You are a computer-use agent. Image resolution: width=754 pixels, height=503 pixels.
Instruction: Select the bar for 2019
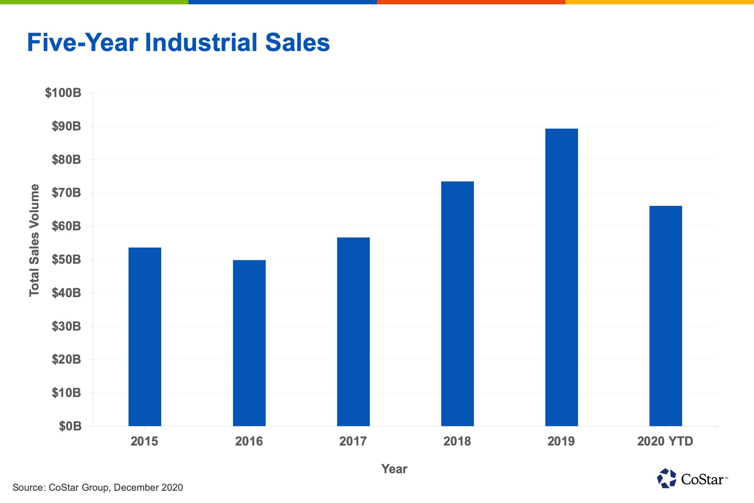tap(562, 277)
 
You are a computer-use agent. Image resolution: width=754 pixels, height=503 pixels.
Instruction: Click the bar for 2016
tap(249, 343)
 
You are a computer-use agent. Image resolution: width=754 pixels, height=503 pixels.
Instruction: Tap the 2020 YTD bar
tap(666, 316)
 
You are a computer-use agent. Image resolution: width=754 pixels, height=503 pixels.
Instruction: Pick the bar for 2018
tap(457, 304)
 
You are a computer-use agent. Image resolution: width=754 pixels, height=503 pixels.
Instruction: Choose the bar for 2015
tap(145, 337)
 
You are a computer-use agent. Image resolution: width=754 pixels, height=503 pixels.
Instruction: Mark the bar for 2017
tap(353, 332)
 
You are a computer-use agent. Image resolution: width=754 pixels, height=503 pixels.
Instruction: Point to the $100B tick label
tap(63, 93)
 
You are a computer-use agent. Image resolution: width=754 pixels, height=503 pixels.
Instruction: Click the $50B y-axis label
tap(66, 259)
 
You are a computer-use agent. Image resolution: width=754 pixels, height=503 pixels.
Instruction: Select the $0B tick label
tap(70, 426)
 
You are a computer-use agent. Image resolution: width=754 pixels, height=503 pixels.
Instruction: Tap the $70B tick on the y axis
tap(66, 193)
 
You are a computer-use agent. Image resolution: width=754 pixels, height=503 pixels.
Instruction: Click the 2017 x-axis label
tap(353, 441)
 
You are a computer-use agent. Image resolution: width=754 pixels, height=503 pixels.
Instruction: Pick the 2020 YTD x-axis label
tap(665, 441)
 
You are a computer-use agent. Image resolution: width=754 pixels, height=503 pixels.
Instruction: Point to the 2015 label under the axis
tap(144, 441)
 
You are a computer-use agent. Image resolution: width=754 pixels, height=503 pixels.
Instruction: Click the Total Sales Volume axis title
tap(34, 240)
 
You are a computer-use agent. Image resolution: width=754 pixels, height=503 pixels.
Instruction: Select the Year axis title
tap(394, 469)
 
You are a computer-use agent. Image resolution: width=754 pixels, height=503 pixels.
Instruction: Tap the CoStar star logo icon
tap(666, 479)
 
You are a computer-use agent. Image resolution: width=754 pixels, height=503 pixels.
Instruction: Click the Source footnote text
tap(98, 488)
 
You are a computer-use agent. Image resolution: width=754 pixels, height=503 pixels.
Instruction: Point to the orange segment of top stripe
tap(471, 2)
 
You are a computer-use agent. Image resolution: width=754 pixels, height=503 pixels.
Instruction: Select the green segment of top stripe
tap(94, 2)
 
